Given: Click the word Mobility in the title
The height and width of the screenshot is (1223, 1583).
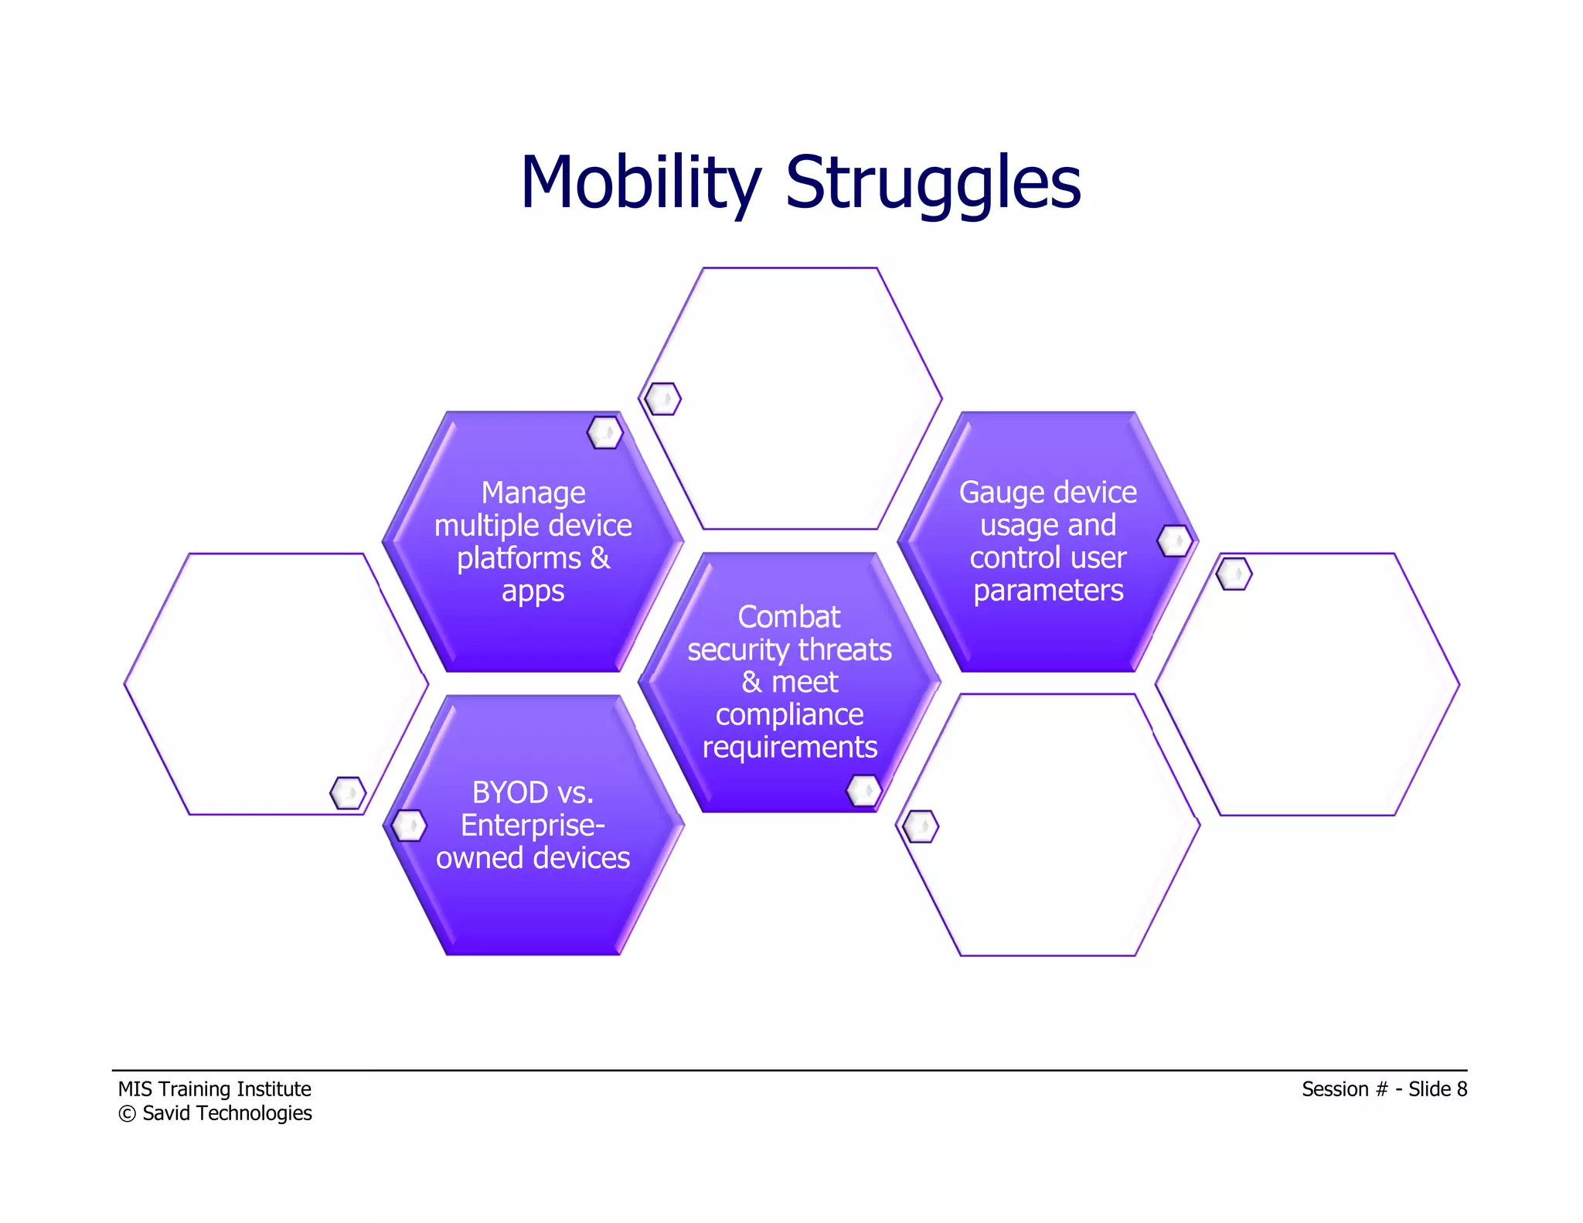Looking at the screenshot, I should pos(640,183).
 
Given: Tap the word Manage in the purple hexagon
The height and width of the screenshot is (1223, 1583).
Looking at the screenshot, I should pos(533,493).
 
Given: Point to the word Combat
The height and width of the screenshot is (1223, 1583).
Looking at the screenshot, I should pos(788,617).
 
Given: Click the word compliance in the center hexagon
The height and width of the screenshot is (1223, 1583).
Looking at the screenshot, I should pos(789,714).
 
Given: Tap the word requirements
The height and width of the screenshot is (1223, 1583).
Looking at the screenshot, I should pos(789,748).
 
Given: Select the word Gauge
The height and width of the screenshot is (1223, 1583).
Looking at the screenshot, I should pos(994,493).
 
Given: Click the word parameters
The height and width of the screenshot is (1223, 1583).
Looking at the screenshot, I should pos(1048,591).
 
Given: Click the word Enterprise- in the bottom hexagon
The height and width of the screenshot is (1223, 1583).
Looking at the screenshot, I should pos(533,826).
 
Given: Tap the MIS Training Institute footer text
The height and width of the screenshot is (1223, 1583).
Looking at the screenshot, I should pos(214,1088).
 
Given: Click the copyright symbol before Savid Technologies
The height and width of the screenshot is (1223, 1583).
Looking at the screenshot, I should pos(127,1114).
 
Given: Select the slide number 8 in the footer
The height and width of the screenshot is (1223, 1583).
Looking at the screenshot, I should pos(1461,1088).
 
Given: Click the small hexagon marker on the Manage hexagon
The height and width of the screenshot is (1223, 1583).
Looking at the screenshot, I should pos(604,432).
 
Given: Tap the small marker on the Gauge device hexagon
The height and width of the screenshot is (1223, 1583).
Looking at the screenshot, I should pos(1174,540).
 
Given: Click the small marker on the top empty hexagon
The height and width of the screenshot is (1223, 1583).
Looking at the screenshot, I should pos(662,399).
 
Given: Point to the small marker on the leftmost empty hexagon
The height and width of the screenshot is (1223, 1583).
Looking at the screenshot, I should pos(348,793).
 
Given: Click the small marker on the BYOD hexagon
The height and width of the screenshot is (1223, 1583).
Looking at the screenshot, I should pos(408,826).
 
